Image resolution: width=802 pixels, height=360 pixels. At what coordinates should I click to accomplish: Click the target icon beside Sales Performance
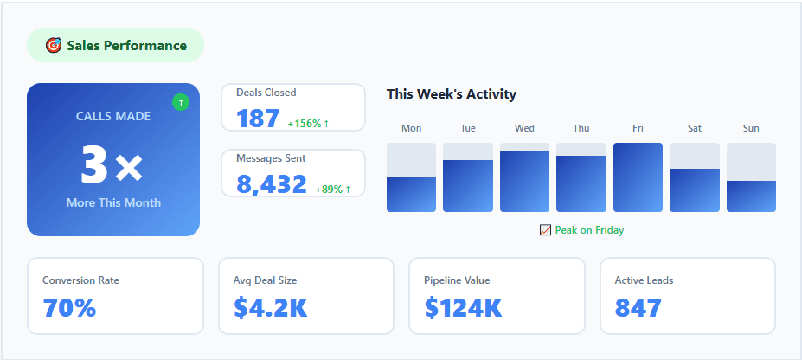(x=54, y=45)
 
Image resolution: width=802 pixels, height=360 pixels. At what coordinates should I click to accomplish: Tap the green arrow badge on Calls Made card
(x=181, y=102)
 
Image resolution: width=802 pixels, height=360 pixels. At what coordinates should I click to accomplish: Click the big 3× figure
(x=112, y=164)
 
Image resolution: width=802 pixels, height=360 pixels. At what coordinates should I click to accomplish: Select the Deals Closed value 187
(x=258, y=119)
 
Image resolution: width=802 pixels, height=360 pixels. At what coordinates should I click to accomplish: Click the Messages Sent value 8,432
(x=272, y=184)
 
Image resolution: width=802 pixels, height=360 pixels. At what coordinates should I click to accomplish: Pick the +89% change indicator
(x=333, y=189)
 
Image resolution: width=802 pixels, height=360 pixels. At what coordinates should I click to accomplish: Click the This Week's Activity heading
(x=451, y=93)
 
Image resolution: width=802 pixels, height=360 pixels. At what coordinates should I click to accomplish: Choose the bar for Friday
(x=638, y=177)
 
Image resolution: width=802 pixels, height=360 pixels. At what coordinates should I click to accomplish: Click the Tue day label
(x=468, y=128)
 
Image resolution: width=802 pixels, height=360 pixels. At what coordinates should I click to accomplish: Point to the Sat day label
(x=695, y=128)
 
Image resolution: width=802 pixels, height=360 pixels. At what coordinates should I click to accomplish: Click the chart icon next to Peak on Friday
(x=545, y=230)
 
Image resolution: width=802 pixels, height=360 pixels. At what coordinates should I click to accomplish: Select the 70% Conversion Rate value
(x=69, y=307)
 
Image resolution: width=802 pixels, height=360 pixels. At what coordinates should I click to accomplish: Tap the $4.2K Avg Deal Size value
(x=270, y=307)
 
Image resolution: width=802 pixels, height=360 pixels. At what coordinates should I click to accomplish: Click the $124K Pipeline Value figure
(x=463, y=307)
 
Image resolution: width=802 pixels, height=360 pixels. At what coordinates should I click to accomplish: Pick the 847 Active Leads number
(x=638, y=307)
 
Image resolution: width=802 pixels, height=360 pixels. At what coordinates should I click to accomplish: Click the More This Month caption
(x=113, y=202)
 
